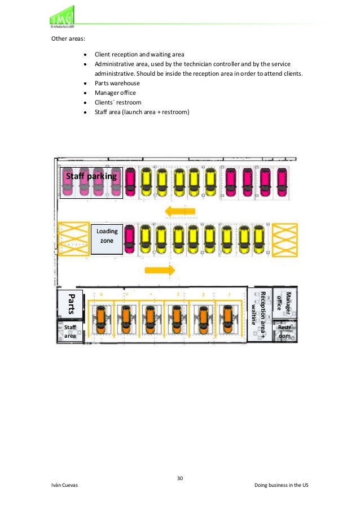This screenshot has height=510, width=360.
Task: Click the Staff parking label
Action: tap(91, 176)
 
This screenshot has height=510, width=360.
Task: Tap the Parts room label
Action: tap(71, 304)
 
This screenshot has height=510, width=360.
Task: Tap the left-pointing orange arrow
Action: tap(179, 212)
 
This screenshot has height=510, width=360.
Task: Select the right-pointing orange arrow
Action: tap(161, 269)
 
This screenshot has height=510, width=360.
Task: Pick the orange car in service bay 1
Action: tap(228, 320)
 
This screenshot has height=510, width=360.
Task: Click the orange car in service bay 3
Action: tap(176, 320)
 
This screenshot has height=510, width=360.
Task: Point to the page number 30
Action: tap(180, 478)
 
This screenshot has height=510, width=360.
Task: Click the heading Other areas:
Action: tap(67, 40)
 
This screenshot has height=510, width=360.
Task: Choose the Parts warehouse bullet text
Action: tap(117, 83)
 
